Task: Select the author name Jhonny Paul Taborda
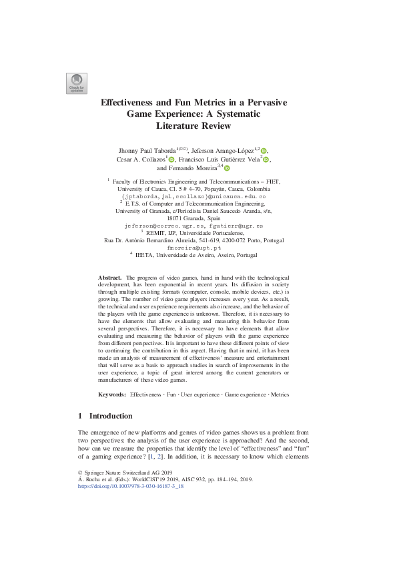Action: (x=148, y=151)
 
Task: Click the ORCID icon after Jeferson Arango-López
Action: (x=264, y=151)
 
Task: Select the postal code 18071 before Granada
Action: (x=176, y=218)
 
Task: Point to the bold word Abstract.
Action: (x=109, y=296)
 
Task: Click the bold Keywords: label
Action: (x=112, y=395)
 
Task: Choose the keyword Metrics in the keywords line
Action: (x=280, y=395)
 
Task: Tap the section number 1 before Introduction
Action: (x=81, y=416)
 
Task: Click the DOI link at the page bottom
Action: (x=131, y=487)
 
